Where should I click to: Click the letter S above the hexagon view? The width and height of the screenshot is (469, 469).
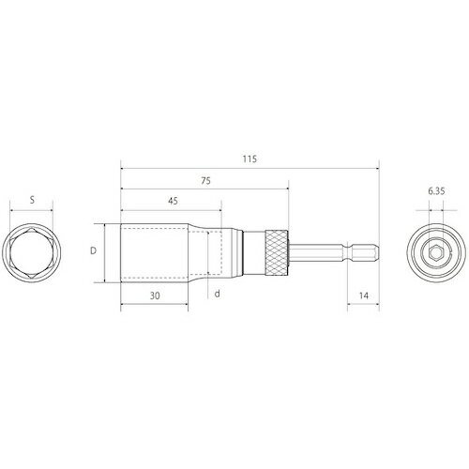point(33,199)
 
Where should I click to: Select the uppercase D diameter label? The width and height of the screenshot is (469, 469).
point(92,250)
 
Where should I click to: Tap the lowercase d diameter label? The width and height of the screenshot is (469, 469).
point(217,294)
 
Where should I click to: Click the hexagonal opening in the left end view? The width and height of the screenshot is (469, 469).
point(33,250)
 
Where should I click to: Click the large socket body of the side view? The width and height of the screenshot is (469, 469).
point(155,250)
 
